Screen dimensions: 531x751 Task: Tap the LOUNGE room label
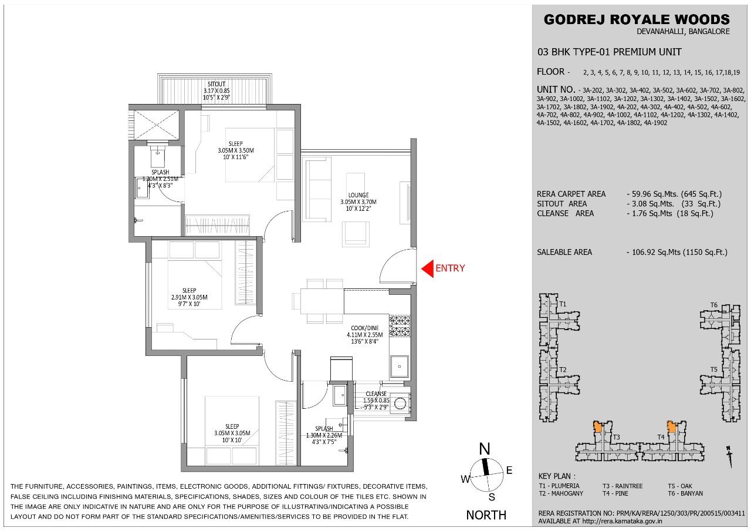(358, 195)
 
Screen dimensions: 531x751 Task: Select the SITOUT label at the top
(216, 83)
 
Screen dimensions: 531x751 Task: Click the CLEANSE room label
(376, 394)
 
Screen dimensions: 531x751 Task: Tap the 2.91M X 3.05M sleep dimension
(189, 297)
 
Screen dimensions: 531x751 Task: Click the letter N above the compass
(485, 449)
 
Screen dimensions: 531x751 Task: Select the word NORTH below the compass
(486, 515)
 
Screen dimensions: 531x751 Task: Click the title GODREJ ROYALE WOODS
(637, 19)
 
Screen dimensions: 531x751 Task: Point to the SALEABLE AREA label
(564, 252)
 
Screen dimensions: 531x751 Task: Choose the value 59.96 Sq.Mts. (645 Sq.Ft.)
(674, 194)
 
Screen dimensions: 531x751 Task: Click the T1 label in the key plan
(563, 304)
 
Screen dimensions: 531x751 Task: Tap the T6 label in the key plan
(714, 305)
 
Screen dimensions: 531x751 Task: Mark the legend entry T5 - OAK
(681, 486)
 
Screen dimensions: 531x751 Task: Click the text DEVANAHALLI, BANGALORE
(683, 32)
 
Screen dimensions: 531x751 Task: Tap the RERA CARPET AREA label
(571, 194)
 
